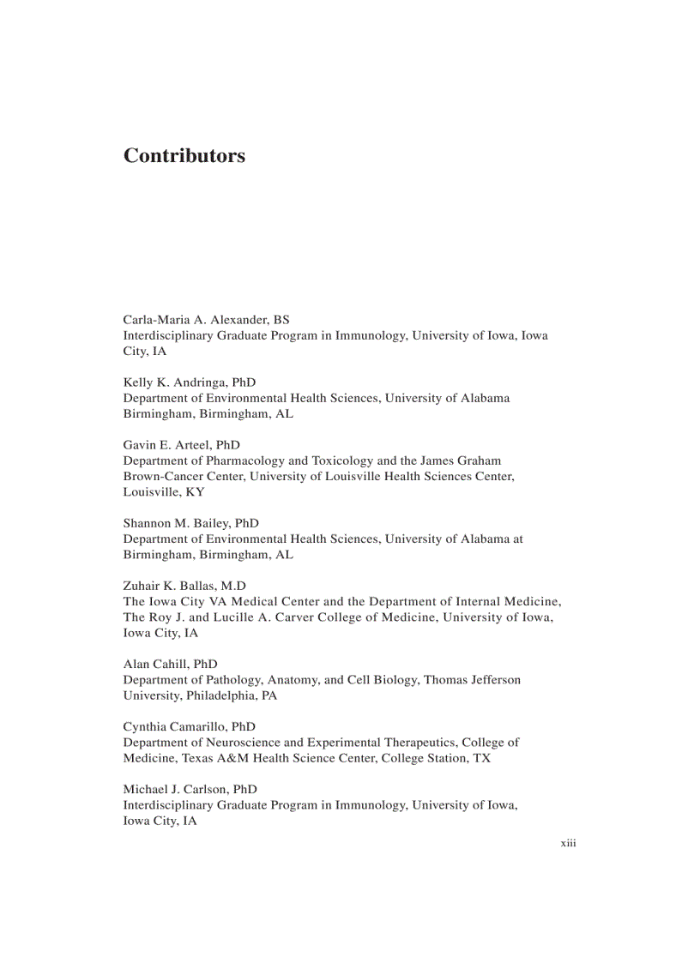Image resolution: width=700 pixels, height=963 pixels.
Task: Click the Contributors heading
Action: tap(184, 156)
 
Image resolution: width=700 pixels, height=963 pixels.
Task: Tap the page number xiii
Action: tap(568, 844)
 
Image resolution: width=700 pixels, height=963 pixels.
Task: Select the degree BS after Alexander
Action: tap(281, 320)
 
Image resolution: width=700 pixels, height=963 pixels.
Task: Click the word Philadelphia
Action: tap(222, 695)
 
